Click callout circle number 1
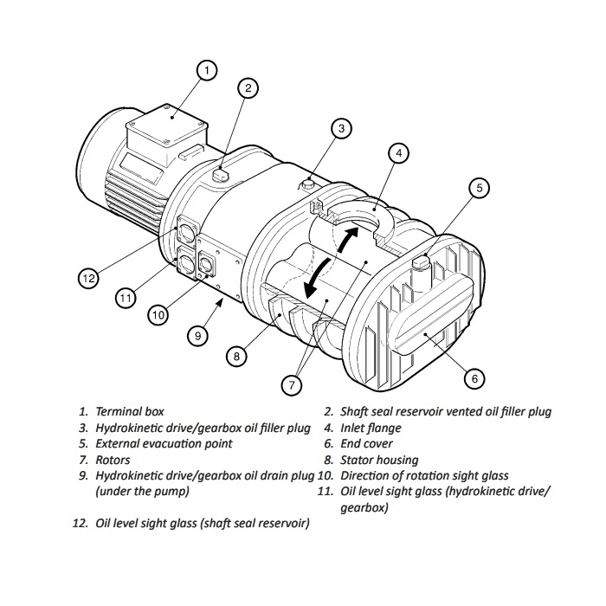207,70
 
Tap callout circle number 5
480,188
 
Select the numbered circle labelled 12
88,278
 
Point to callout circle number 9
198,335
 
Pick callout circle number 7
292,384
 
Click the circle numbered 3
341,128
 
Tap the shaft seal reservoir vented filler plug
221,175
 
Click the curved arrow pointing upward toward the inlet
347,239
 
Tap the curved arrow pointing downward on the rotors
315,279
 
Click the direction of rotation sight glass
206,264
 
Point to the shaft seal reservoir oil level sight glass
186,231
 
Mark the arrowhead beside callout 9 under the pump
219,304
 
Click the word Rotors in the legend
113,460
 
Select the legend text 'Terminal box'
130,411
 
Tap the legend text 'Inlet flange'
371,428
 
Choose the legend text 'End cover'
366,443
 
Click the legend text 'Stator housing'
379,460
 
